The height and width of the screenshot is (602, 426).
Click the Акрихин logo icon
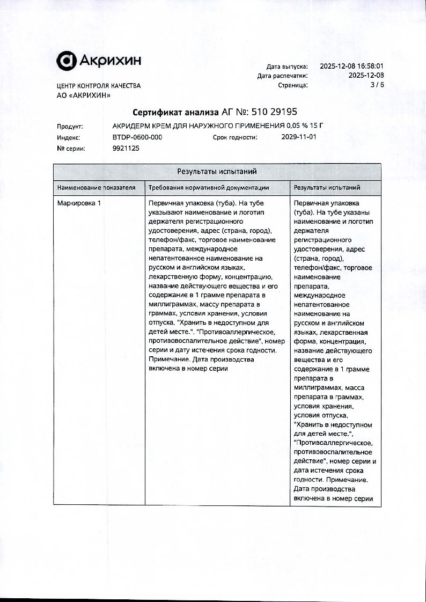click(x=67, y=61)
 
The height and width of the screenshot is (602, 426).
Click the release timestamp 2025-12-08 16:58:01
click(x=352, y=67)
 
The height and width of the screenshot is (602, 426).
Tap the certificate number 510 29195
click(x=272, y=113)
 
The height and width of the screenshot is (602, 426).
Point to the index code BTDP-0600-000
click(x=137, y=137)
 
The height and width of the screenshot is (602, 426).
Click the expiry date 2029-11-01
click(x=299, y=137)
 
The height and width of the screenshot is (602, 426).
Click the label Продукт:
click(x=70, y=127)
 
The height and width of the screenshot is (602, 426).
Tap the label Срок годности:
click(x=235, y=137)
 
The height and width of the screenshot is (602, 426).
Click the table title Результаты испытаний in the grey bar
click(x=217, y=172)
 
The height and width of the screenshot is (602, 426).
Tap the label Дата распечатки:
click(x=282, y=76)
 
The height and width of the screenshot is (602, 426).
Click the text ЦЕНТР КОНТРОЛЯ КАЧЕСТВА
click(x=99, y=86)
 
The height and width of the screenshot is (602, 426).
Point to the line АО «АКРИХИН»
click(x=84, y=96)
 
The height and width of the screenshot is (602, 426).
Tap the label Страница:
click(x=292, y=85)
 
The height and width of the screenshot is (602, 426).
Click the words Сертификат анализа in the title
click(x=176, y=113)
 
